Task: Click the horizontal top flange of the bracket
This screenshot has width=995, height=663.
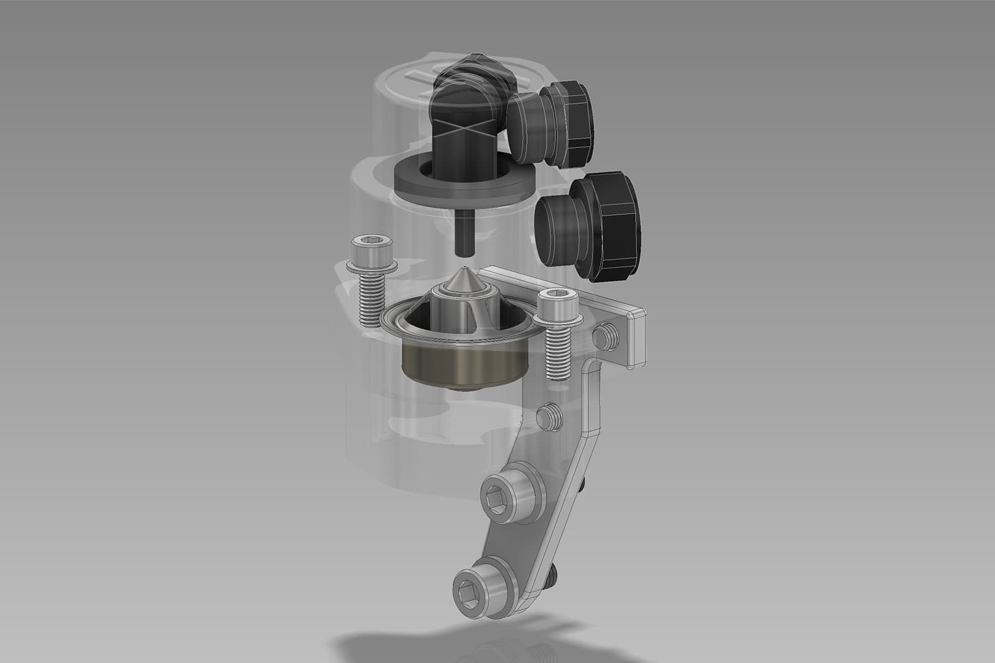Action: click(x=590, y=301)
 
